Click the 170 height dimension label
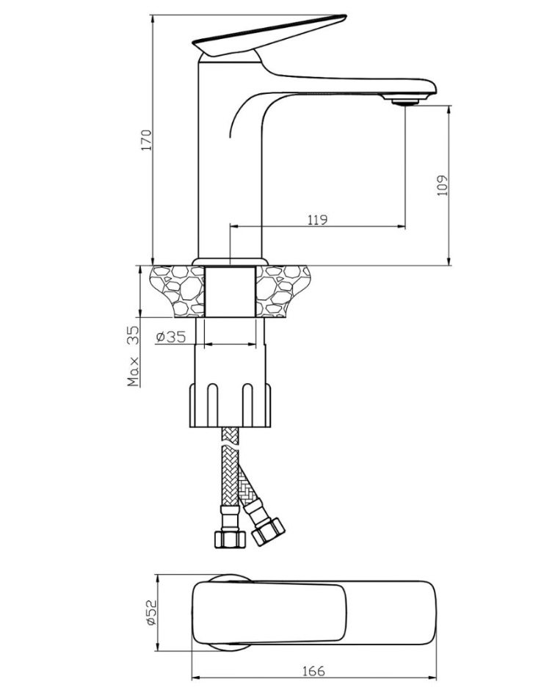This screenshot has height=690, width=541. [x=147, y=140]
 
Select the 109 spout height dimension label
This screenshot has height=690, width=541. [x=443, y=185]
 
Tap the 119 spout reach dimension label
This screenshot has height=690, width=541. [x=317, y=219]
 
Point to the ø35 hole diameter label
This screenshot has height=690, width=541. [x=171, y=337]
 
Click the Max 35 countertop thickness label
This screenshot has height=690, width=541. [x=134, y=356]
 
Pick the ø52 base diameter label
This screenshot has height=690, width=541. [x=151, y=612]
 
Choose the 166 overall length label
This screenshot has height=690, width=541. [x=313, y=671]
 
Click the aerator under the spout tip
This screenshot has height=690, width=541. [x=404, y=101]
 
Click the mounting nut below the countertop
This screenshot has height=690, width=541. [x=230, y=405]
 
